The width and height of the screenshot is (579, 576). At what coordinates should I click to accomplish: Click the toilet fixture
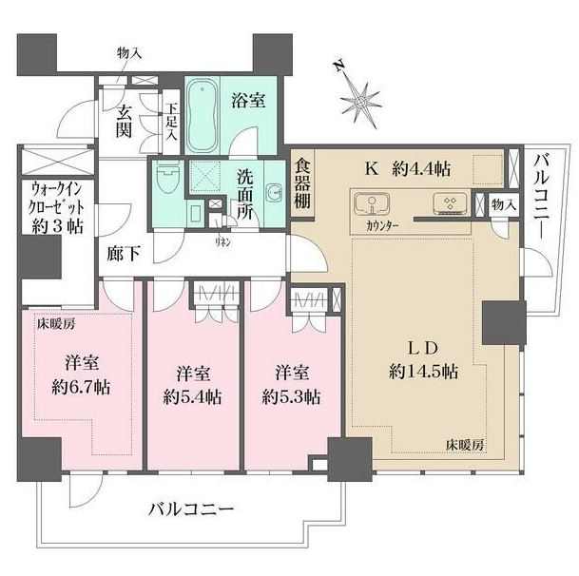click(168, 180)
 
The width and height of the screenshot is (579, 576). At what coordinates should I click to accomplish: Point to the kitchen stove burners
click(447, 202)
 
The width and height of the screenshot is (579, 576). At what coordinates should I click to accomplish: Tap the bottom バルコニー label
click(190, 510)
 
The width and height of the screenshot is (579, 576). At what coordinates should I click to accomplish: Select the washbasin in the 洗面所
click(273, 190)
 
